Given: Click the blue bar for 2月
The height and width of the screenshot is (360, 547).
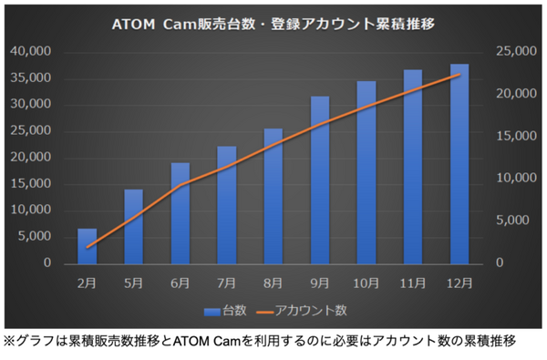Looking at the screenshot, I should [87, 246].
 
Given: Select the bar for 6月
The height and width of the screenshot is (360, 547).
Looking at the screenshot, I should [181, 213].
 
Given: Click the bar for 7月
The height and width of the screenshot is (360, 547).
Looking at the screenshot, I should [227, 205].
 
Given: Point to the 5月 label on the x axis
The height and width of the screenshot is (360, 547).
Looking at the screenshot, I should [133, 283].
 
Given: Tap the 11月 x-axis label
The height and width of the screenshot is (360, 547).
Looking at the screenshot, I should [413, 283].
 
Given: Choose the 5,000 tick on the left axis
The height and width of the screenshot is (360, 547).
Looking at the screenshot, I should [35, 236].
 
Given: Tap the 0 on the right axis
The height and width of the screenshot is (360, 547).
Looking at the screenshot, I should [497, 262].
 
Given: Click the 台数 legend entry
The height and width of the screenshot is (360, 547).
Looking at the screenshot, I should [225, 311].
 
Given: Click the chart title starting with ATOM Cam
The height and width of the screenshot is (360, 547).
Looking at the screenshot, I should [273, 23].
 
